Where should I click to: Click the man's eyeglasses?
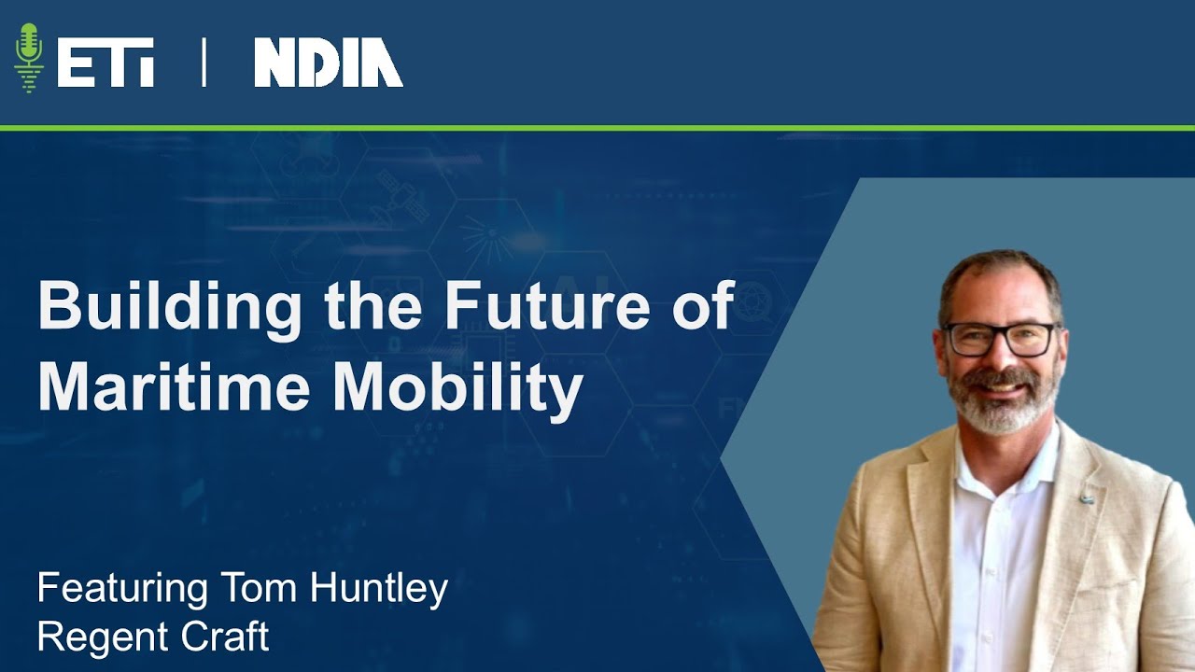pyautogui.click(x=999, y=339)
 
